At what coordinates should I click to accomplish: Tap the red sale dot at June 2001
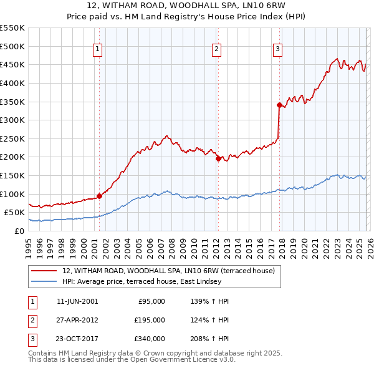point(99,196)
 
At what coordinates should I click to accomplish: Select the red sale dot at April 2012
point(218,159)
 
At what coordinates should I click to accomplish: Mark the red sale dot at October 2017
point(279,105)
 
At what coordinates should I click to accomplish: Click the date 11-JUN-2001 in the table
point(77,301)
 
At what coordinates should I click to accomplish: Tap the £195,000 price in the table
point(150,320)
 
